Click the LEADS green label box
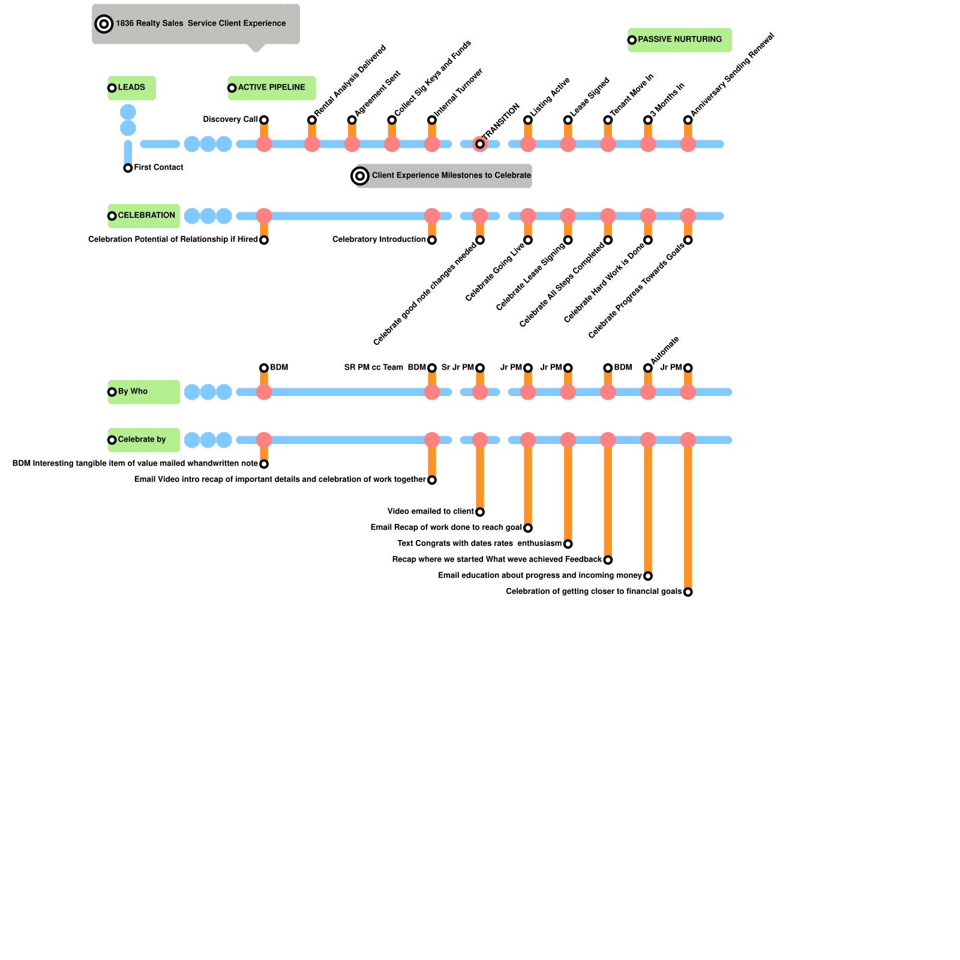(x=132, y=88)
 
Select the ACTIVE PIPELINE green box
(x=272, y=88)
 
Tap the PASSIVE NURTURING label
(x=680, y=40)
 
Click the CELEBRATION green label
(x=144, y=215)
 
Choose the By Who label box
(x=143, y=392)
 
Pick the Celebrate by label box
(x=143, y=440)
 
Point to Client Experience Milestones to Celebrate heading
(x=451, y=176)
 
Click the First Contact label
(x=158, y=167)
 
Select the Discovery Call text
(x=230, y=119)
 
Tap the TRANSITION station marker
(x=480, y=144)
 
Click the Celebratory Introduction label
(x=379, y=239)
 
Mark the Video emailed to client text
(x=430, y=512)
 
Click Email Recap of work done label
(x=446, y=527)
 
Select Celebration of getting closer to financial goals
(x=593, y=592)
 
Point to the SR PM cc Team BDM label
(x=385, y=367)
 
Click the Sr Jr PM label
(x=457, y=367)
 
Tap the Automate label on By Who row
(x=664, y=350)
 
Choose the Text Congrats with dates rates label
(x=479, y=544)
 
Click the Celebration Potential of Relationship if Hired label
(x=173, y=239)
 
